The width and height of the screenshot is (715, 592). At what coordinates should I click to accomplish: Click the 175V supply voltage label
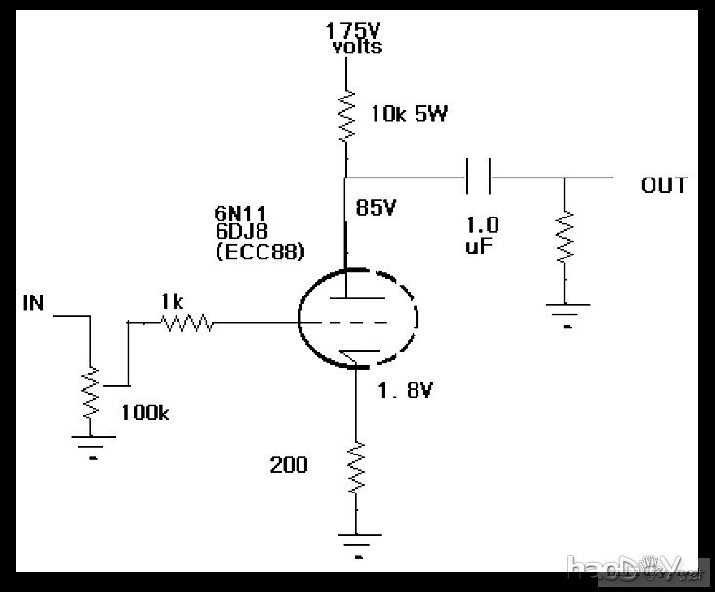point(354,29)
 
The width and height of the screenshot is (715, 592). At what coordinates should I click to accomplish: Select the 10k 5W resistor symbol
point(345,115)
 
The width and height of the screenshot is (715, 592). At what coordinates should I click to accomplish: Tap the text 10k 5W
point(409,114)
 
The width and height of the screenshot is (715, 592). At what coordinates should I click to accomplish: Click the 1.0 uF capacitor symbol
point(478,178)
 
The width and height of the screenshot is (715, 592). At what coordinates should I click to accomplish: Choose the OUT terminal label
point(663,184)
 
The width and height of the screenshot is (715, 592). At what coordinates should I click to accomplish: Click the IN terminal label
point(33,303)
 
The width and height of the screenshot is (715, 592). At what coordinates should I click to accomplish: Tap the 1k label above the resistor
point(172,302)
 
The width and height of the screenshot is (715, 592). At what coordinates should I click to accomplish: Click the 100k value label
point(144,413)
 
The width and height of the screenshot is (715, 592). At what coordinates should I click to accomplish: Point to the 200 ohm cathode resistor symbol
point(356,467)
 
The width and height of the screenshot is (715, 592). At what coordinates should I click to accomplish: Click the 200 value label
point(288,465)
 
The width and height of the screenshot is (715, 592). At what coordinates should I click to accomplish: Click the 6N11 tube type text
point(240,213)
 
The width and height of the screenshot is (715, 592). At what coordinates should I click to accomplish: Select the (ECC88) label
point(259,251)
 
